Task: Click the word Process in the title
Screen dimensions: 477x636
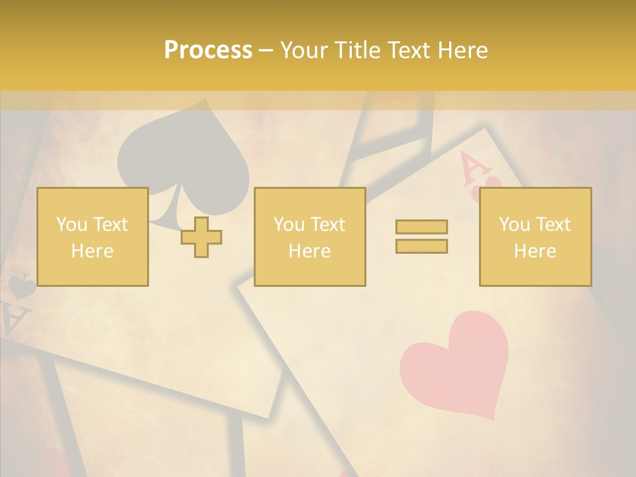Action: [x=208, y=50]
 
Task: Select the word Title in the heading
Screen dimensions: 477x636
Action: [x=357, y=50]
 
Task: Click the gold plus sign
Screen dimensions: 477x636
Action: [x=201, y=237]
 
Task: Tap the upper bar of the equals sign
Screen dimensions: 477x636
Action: [x=421, y=227]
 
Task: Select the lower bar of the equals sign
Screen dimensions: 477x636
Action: [x=421, y=246]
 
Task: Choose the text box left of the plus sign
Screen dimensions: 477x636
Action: [x=92, y=237]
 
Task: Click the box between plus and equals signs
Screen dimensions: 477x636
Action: [x=309, y=237]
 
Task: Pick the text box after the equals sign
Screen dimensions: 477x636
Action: [x=535, y=237]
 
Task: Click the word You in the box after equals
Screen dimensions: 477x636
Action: [x=514, y=225]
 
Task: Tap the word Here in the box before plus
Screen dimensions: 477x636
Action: [x=92, y=251]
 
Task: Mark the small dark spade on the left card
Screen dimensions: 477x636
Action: [x=21, y=286]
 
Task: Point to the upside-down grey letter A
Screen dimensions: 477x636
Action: [x=16, y=321]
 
